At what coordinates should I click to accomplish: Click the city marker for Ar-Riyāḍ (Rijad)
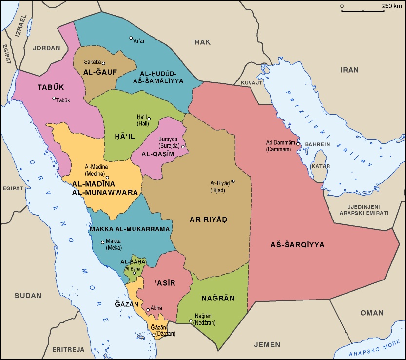pos(232,181)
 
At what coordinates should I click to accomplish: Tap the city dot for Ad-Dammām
pos(298,144)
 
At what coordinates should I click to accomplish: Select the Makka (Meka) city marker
pos(102,242)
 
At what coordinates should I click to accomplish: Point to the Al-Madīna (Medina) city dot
pos(107,177)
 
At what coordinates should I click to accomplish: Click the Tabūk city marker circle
pos(54,98)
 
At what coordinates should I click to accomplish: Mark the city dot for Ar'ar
pos(131,38)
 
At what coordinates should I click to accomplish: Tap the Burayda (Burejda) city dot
pos(183,146)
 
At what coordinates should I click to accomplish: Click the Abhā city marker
pos(148,309)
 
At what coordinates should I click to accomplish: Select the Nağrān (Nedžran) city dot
pos(191,321)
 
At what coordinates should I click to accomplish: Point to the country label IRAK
pos(201,42)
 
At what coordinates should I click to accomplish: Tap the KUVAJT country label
pos(251,83)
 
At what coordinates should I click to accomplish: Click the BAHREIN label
pos(317,145)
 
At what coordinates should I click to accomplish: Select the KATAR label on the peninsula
pos(321,166)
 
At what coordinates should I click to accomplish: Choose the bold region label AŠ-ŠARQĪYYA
pos(297,245)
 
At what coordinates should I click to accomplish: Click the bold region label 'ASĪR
pos(164,283)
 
